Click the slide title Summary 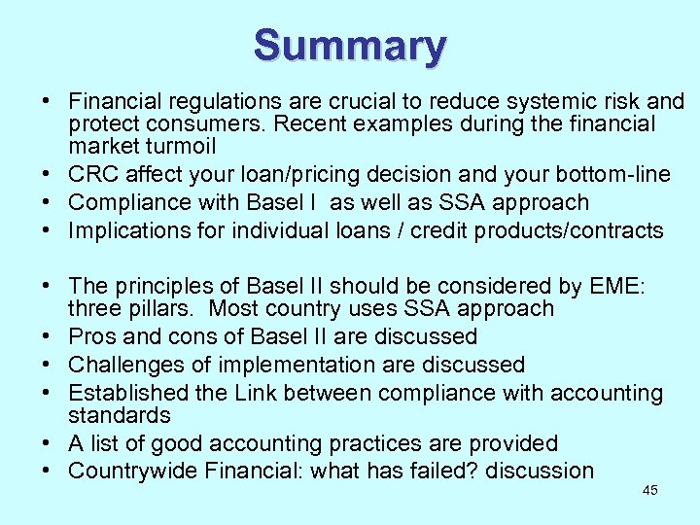pyautogui.click(x=350, y=45)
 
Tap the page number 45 pyautogui.click(x=650, y=490)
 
